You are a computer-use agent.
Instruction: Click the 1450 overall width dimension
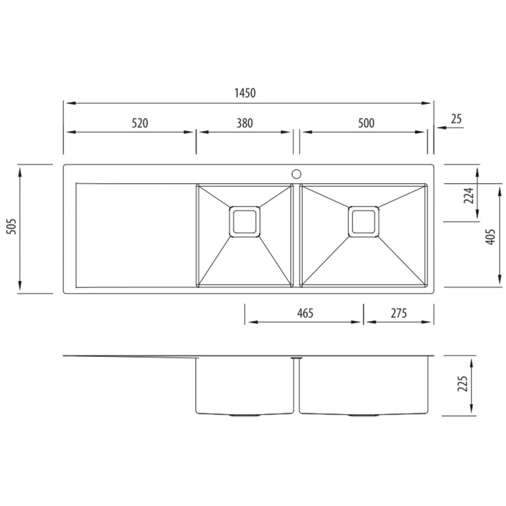point(245,93)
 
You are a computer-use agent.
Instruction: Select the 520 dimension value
point(140,123)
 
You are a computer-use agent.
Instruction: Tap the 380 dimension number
point(245,123)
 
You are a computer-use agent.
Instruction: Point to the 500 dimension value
point(366,123)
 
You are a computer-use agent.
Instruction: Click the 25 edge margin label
point(456,119)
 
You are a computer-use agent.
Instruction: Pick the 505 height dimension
point(12,226)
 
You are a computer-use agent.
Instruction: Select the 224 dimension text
point(468,195)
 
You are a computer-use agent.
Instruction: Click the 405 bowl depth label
point(490,237)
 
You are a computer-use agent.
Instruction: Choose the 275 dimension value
point(399,313)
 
